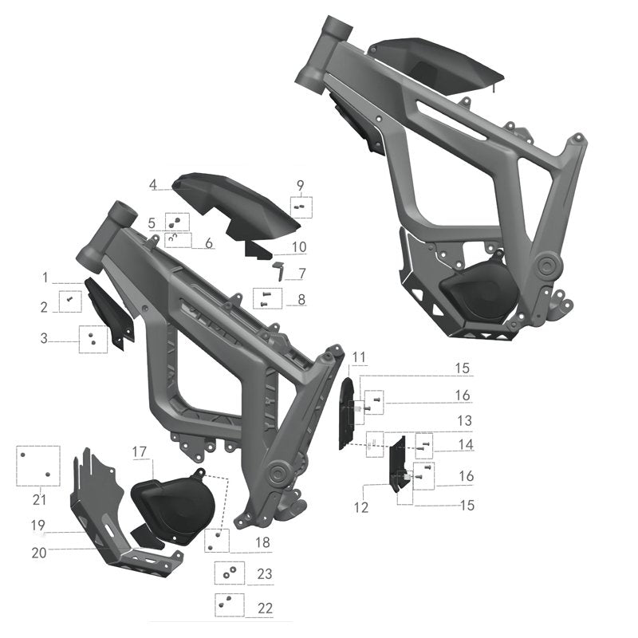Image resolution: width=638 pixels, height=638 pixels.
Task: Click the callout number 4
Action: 152,185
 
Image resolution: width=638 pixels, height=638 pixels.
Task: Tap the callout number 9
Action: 301,186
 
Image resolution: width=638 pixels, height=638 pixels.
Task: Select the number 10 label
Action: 299,246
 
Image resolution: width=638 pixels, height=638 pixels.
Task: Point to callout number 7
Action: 302,274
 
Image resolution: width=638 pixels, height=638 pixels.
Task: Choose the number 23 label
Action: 265,573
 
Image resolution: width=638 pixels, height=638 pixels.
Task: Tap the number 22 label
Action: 265,608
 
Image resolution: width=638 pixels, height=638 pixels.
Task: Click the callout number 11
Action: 358,356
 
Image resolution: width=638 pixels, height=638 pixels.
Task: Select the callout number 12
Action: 361,507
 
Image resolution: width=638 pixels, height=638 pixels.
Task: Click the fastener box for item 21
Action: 38,465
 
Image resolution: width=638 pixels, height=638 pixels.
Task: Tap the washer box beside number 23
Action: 229,573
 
